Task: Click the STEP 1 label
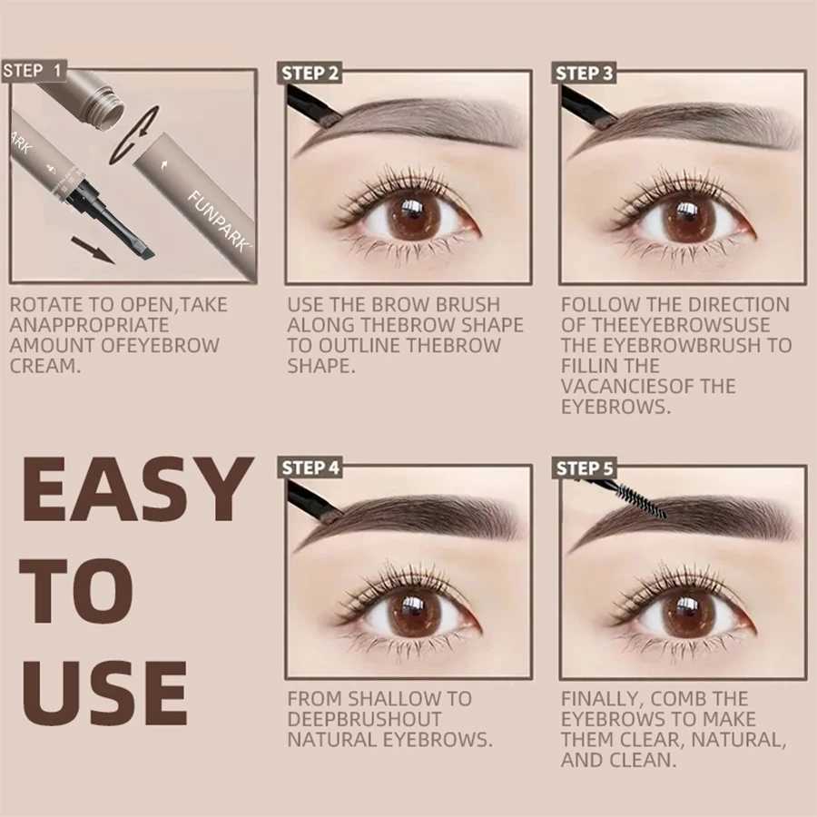pyautogui.click(x=34, y=71)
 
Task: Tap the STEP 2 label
pyautogui.click(x=310, y=74)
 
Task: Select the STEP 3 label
pyautogui.click(x=585, y=74)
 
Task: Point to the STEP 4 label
pyautogui.click(x=310, y=468)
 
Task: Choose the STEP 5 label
pyautogui.click(x=585, y=468)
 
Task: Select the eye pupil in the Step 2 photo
pyautogui.click(x=410, y=219)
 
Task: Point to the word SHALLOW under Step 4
pyautogui.click(x=390, y=699)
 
